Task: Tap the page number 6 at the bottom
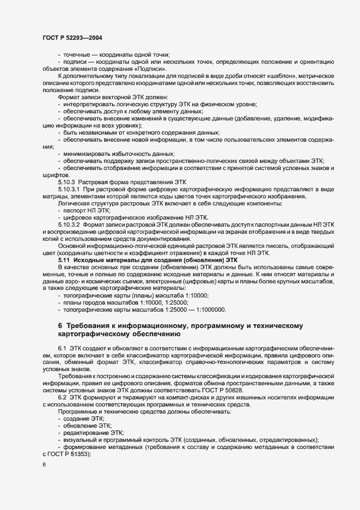coord(44,465)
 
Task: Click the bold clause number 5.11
coord(65,260)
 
